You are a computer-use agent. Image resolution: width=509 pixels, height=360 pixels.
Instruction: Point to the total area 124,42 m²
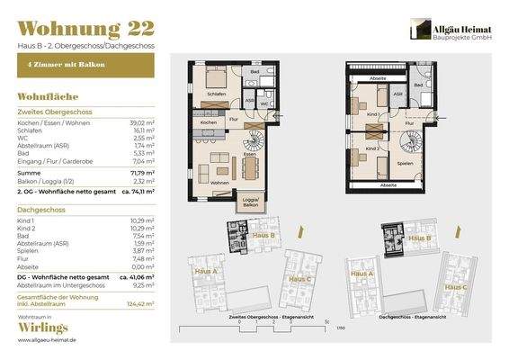point(140,304)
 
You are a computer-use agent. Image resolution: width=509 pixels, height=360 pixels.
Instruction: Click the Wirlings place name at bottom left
point(41,330)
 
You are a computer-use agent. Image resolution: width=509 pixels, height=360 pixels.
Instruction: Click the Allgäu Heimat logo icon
point(417,29)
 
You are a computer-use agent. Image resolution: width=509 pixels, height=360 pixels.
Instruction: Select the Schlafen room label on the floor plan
point(217,93)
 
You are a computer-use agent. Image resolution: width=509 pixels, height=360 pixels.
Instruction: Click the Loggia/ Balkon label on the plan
point(247,201)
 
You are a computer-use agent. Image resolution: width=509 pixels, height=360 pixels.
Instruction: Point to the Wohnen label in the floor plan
point(219,181)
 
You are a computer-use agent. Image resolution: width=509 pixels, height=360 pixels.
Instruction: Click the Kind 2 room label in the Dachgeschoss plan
point(371,147)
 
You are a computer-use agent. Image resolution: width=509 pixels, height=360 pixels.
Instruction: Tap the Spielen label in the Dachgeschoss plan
point(406,164)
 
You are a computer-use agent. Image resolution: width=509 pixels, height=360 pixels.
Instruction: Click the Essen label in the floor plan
point(249,154)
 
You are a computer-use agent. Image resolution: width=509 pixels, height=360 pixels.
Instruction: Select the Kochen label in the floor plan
point(209,121)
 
